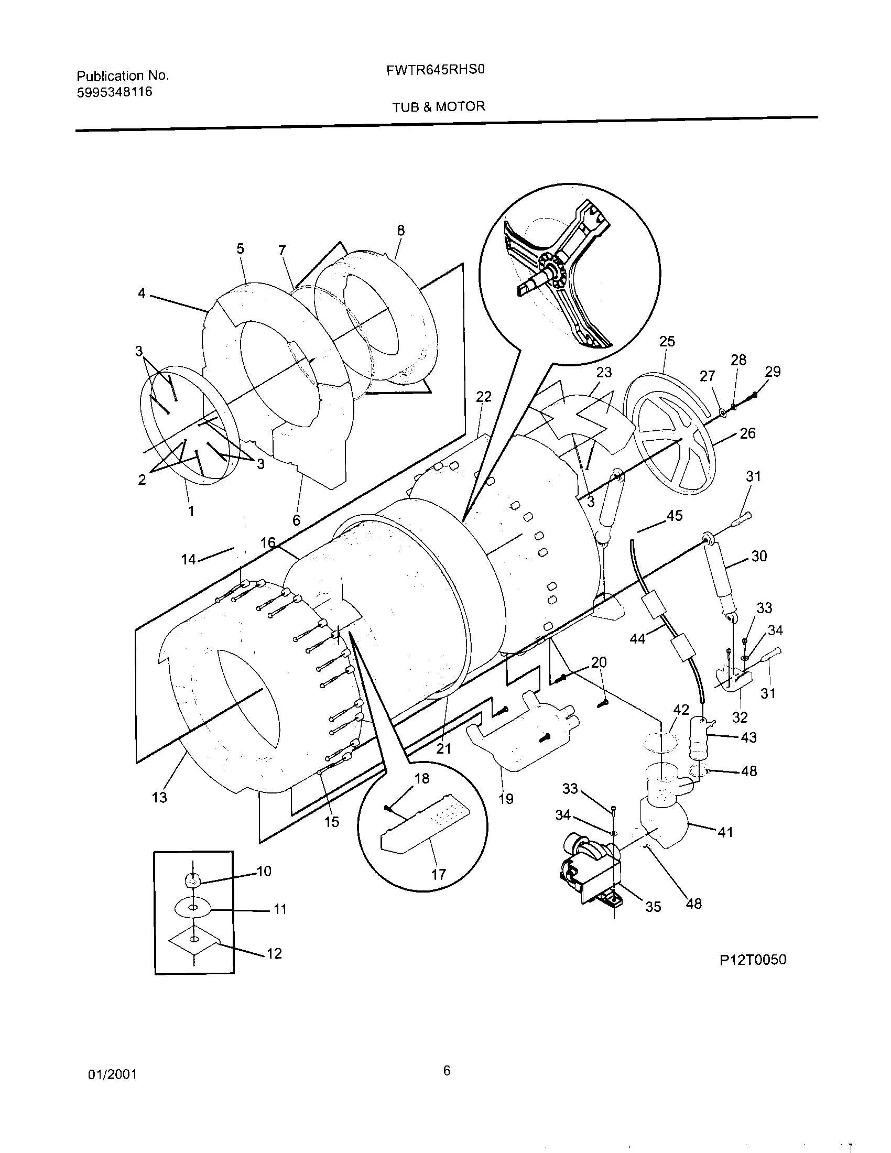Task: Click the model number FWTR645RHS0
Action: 436,70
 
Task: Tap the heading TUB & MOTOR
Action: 438,107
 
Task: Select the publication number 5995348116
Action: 115,92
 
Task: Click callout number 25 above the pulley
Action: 667,342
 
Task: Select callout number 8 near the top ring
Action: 400,231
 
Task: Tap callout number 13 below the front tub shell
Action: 159,797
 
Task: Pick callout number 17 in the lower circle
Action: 438,875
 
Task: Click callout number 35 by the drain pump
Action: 653,907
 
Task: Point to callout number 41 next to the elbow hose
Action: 726,833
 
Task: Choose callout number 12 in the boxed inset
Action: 274,953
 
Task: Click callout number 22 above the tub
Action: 484,397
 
